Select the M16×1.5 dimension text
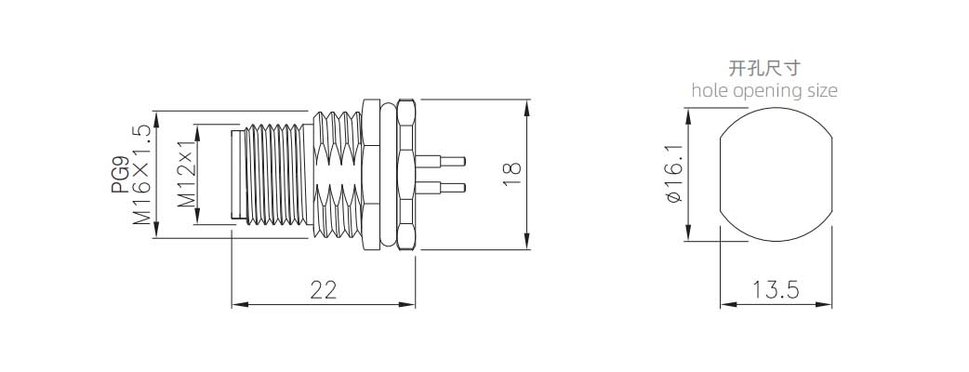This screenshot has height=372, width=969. click(x=142, y=175)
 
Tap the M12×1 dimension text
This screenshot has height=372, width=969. click(x=185, y=175)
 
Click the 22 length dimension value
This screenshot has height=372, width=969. click(x=323, y=289)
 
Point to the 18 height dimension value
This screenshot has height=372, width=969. click(x=511, y=174)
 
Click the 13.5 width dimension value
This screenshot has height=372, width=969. click(x=777, y=289)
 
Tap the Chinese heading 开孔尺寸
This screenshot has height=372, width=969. click(x=764, y=68)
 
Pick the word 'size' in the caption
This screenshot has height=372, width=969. click(x=818, y=90)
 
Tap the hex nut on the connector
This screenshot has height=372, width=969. click(x=406, y=174)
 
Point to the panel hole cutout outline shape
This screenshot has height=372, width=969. click(x=777, y=174)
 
